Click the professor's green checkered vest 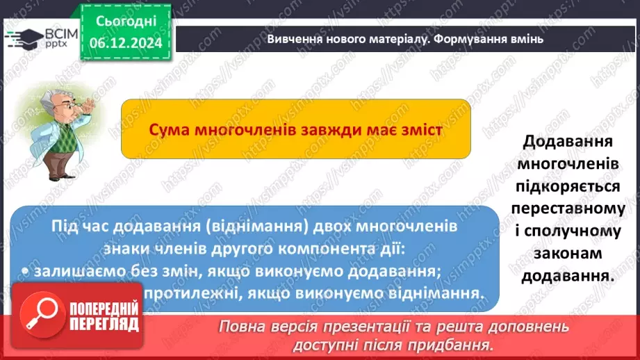pyautogui.click(x=52, y=143)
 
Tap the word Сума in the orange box pyautogui.click(x=169, y=130)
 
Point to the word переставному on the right pyautogui.click(x=567, y=208)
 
